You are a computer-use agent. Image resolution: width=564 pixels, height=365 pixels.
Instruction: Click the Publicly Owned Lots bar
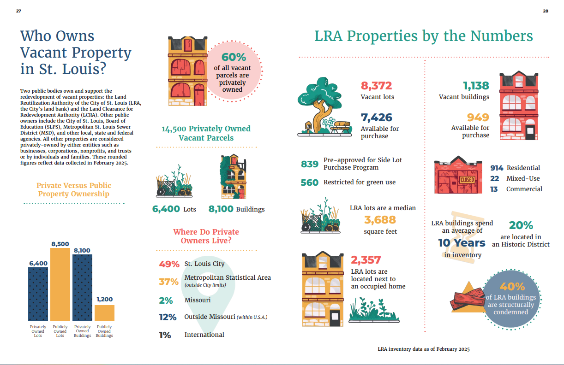(60, 284)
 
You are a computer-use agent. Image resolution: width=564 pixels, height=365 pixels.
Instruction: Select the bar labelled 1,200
(104, 313)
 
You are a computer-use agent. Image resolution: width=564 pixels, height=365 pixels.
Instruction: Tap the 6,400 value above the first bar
(38, 263)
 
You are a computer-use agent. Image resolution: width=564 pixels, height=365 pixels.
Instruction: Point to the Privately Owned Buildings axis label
(82, 331)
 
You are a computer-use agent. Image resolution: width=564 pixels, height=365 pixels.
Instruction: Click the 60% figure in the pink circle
(234, 57)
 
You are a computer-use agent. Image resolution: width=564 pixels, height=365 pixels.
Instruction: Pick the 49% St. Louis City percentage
(169, 264)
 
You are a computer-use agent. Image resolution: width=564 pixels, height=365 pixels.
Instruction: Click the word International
(204, 335)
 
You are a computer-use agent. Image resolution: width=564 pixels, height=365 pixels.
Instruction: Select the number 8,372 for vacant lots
(376, 86)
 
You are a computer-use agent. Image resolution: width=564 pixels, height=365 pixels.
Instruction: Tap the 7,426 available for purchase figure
(377, 118)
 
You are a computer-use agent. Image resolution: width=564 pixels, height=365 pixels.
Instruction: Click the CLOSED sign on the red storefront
(468, 180)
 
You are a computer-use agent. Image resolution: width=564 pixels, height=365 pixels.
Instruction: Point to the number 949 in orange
(478, 118)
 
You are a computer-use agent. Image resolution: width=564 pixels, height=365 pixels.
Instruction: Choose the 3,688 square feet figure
(380, 220)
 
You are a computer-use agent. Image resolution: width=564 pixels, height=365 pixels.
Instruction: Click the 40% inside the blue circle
(512, 287)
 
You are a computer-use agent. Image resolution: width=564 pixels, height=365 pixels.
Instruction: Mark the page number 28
(546, 11)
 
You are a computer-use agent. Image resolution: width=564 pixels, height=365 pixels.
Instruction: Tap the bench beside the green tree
(341, 127)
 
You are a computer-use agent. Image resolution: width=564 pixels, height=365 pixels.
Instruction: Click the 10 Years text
(462, 243)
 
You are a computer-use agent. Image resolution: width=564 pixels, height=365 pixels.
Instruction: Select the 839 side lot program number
(310, 164)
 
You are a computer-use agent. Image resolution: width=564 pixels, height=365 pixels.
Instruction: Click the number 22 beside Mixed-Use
(494, 178)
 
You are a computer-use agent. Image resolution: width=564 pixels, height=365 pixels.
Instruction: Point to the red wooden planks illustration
(468, 300)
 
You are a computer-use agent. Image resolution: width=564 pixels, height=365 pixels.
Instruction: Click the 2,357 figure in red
(366, 260)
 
